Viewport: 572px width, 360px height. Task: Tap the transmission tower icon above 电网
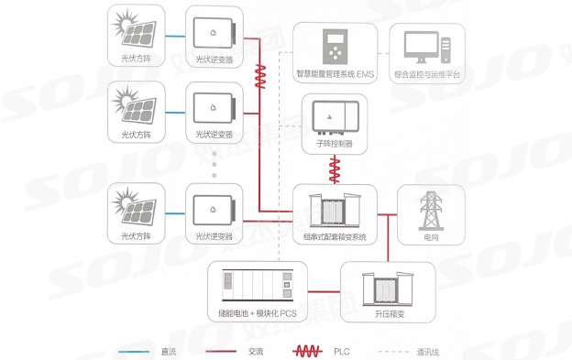tap(431, 211)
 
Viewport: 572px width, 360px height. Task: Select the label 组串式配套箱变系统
tap(334, 237)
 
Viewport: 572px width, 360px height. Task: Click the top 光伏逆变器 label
tap(214, 60)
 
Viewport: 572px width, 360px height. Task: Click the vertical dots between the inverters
tap(214, 164)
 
